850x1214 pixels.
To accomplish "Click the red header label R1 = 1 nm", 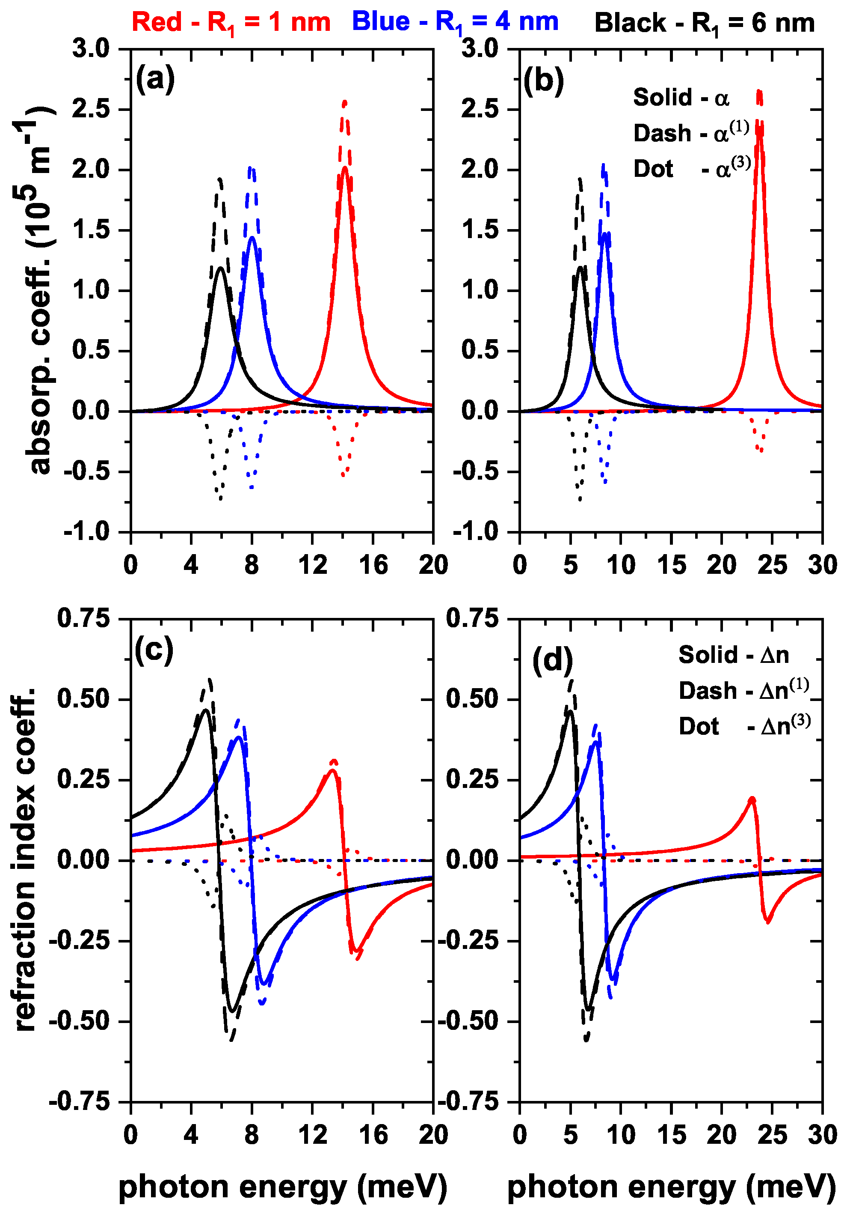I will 231,23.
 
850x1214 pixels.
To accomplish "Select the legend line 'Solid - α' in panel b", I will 681,98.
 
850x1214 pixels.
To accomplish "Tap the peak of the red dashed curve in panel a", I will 344,101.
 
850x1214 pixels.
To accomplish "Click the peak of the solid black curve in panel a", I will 220,268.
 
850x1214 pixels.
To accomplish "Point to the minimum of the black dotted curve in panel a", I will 220,498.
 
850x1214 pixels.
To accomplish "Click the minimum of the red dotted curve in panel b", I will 761,450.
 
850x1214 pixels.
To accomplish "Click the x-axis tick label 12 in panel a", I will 312,565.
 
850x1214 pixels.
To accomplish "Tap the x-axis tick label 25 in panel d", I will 772,1134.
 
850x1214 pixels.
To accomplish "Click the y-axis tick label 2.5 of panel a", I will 90,110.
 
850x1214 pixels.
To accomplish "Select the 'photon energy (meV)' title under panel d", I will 671,1187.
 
